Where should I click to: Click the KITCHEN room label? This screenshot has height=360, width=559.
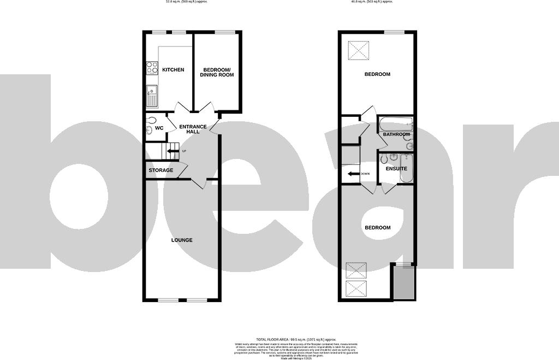click(x=173, y=70)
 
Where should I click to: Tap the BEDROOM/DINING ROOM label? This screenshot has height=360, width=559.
click(x=218, y=72)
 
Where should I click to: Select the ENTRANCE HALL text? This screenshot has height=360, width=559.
click(x=193, y=129)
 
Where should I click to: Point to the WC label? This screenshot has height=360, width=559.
click(x=159, y=128)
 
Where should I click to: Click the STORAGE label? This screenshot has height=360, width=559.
click(x=161, y=170)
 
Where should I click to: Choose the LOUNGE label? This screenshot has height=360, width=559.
click(x=182, y=240)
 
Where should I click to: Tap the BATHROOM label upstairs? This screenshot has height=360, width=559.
click(x=396, y=134)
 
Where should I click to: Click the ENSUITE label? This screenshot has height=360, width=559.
click(x=396, y=169)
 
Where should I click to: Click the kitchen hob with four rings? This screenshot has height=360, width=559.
click(x=152, y=68)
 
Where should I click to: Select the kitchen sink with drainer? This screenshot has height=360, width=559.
click(x=151, y=96)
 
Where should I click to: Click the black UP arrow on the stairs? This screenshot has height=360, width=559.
click(x=174, y=151)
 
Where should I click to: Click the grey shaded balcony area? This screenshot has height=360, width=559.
click(x=404, y=284)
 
